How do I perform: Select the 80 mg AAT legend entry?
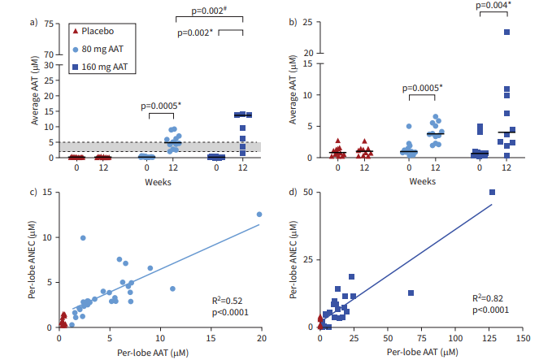pos(95,48)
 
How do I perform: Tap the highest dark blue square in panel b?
pos(506,32)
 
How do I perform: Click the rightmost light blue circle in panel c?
pos(259,215)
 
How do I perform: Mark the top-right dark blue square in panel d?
pos(492,193)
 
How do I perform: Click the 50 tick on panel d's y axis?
pos(309,193)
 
